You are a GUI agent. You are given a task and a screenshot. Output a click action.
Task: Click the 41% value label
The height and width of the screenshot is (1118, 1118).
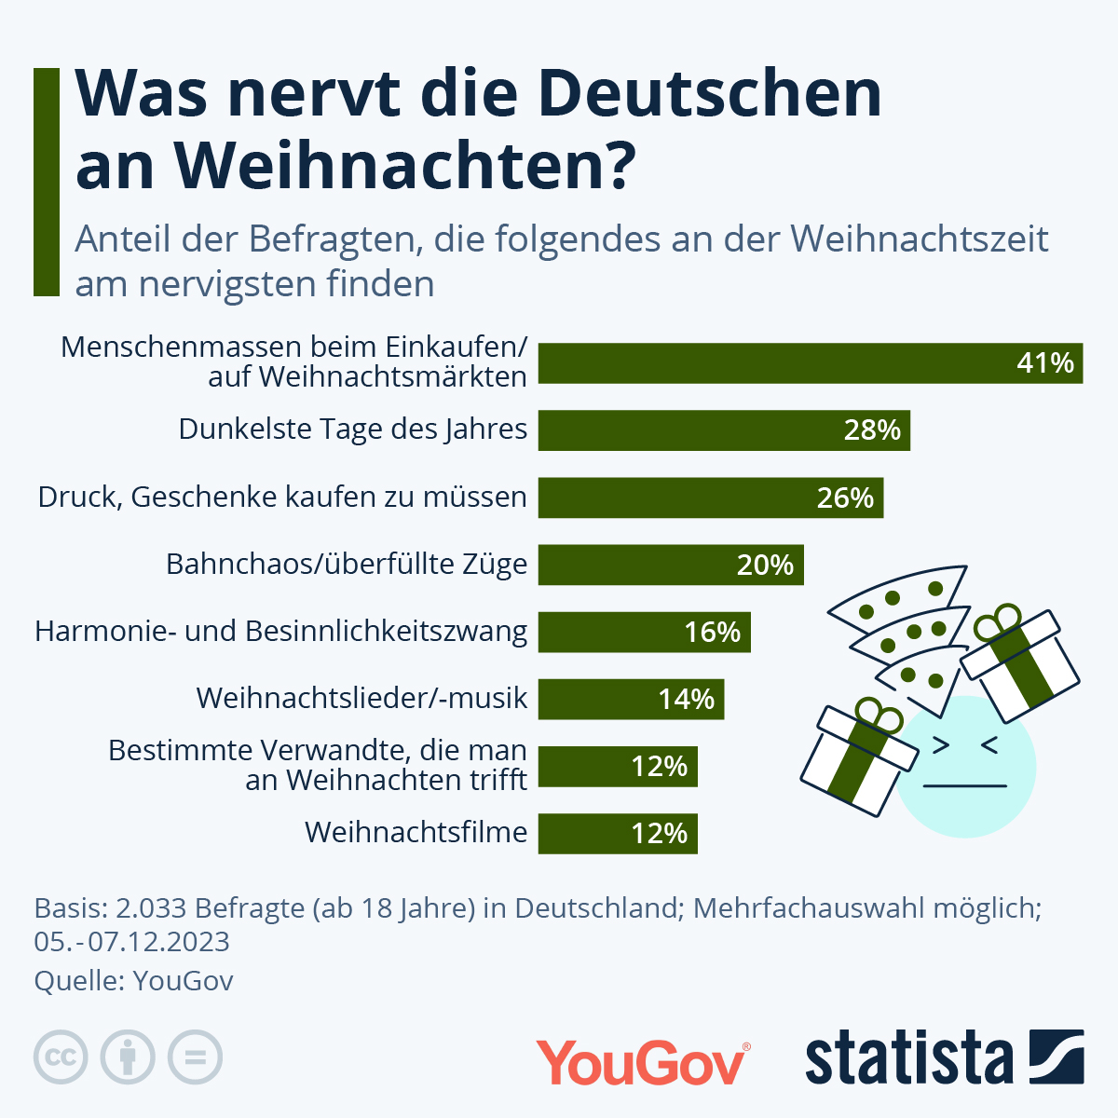pos(1045,362)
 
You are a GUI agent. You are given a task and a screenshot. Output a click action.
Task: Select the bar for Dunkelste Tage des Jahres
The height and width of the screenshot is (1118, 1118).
pos(723,430)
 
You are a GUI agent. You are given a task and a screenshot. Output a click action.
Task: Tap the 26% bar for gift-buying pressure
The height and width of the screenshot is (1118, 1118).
pos(710,498)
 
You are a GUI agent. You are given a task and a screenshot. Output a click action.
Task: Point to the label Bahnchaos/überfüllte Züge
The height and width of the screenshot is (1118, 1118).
pos(347,564)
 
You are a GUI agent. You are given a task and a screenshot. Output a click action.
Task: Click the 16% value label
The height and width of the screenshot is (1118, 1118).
pos(713,632)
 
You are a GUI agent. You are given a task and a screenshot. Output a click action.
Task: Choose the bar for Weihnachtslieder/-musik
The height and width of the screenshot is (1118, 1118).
pos(631,699)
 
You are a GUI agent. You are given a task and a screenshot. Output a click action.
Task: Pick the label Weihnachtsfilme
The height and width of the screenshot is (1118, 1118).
pos(416,832)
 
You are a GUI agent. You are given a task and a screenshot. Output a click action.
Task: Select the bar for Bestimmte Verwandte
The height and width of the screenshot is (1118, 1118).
pos(618,766)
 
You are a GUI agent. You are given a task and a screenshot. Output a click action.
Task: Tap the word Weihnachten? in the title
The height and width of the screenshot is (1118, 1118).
pos(404,166)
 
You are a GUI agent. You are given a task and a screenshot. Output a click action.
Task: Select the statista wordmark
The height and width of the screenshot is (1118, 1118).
pos(908,1059)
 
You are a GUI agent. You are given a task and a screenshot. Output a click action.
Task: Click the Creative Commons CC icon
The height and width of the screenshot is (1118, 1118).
pos(61,1057)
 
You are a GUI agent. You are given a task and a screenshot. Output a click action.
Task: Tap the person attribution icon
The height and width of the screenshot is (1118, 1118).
pos(128,1057)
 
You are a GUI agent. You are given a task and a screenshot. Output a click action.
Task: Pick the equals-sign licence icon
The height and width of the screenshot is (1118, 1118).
pos(195,1057)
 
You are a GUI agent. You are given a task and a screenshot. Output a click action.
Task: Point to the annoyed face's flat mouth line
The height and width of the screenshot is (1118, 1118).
pos(964,785)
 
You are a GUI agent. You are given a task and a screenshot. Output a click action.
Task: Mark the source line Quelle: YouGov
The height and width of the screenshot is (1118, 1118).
pos(134,981)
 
